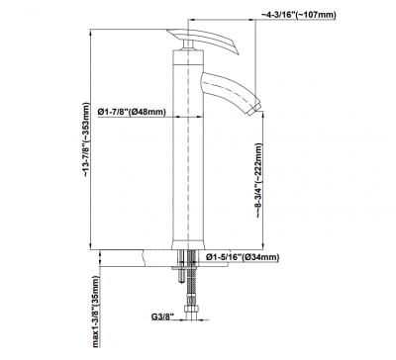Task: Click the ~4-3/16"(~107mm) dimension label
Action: pos(299,15)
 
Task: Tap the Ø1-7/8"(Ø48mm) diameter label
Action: pos(132,112)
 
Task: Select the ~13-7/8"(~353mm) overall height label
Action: pos(86,140)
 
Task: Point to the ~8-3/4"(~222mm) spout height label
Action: pos(258,180)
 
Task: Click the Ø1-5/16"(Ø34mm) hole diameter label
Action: pos(243,257)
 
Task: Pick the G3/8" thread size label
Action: pos(162,316)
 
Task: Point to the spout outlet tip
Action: pos(254,110)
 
